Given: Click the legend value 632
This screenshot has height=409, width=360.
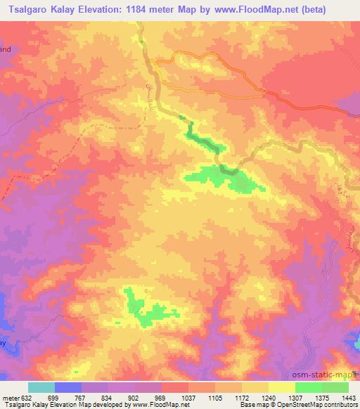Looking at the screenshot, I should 27,397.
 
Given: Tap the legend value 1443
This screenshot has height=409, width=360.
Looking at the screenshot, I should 344,397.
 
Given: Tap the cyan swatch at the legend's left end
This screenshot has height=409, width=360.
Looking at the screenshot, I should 41,387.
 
